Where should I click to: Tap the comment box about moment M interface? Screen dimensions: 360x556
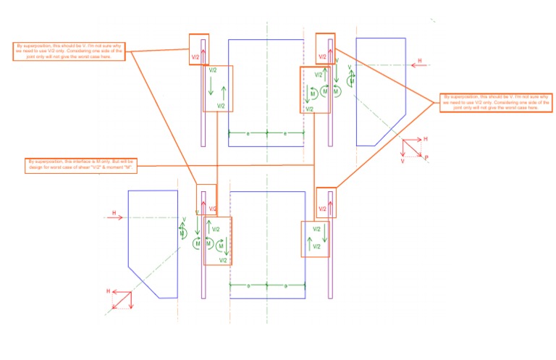pyautogui.click(x=81, y=165)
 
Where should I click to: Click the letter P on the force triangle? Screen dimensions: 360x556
pyautogui.click(x=426, y=156)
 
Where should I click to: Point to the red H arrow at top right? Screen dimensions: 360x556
pyautogui.click(x=418, y=64)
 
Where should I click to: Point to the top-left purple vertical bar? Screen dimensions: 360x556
pyautogui.click(x=203, y=101)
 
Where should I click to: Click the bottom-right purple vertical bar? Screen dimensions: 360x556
pyautogui.click(x=330, y=246)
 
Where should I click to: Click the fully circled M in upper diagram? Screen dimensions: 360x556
pyautogui.click(x=326, y=92)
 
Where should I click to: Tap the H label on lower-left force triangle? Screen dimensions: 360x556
pyautogui.click(x=109, y=291)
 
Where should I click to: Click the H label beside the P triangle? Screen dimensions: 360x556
pyautogui.click(x=426, y=138)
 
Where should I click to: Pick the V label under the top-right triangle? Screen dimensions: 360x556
pyautogui.click(x=403, y=162)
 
